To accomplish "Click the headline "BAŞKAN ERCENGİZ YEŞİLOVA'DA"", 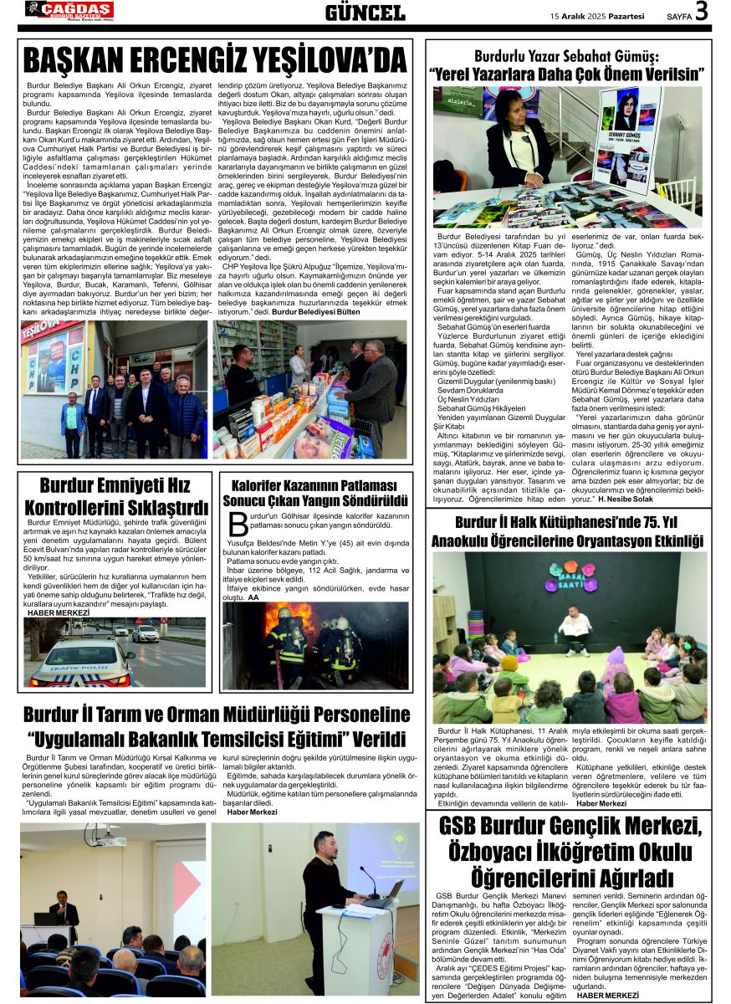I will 215,60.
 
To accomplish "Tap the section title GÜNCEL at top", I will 365,13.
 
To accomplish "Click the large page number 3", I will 701,12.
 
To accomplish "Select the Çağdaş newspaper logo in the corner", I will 69,10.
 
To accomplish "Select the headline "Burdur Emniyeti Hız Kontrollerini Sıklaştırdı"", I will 115,496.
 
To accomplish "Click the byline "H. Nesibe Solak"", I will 602,499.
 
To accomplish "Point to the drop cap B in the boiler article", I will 238,525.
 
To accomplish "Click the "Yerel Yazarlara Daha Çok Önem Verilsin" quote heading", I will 567,74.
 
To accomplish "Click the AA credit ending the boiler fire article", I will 253,597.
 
